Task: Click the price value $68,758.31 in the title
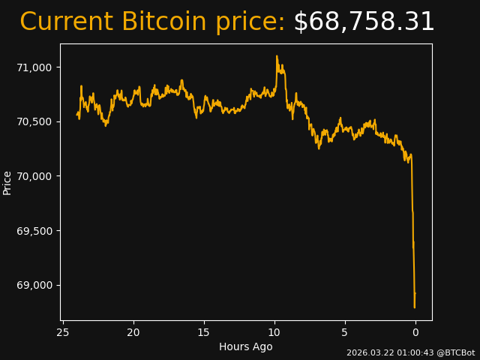(x=364, y=22)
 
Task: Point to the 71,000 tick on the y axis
(x=34, y=67)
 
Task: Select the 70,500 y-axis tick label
(x=34, y=121)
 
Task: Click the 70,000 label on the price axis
(x=34, y=176)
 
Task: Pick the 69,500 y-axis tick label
(x=34, y=230)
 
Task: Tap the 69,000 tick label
(x=34, y=285)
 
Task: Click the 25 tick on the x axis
(x=63, y=332)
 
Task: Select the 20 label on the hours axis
(x=133, y=332)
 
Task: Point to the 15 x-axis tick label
(x=204, y=332)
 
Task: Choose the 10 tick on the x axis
(x=274, y=332)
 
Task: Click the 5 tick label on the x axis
(x=345, y=332)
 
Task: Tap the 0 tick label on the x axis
(x=415, y=332)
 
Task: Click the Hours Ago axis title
(x=246, y=346)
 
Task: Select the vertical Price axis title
(x=7, y=182)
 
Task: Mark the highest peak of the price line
(x=277, y=55)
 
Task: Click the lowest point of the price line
(x=414, y=307)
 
